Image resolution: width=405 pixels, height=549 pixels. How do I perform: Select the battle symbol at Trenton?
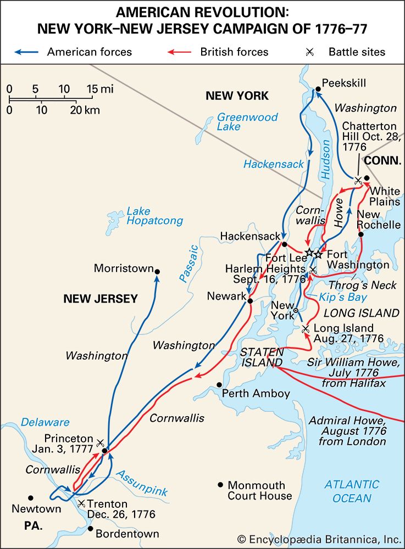(81, 503)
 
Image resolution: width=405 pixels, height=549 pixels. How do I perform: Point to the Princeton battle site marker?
(100, 442)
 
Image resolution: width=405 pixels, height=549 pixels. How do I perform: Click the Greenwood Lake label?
(247, 122)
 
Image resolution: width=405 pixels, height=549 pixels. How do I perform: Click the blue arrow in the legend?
(25, 53)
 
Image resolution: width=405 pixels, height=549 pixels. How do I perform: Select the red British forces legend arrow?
(179, 53)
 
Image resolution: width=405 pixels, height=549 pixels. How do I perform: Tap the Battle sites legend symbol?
(310, 53)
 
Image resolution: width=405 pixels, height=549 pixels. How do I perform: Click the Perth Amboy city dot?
(219, 384)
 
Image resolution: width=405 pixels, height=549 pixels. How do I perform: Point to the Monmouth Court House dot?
(220, 485)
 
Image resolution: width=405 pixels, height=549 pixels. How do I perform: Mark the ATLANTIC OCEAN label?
(351, 491)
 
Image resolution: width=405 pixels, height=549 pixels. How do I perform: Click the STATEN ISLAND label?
(262, 357)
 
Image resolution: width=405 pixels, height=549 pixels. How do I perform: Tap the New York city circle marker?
(296, 311)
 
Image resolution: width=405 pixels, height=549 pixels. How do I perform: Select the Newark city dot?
(250, 301)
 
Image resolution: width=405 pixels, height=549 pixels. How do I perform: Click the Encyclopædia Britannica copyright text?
(320, 539)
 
